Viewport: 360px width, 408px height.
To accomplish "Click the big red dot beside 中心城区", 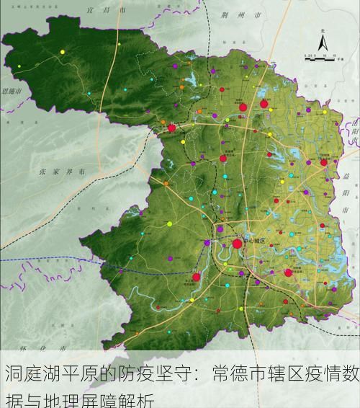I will point(237,244).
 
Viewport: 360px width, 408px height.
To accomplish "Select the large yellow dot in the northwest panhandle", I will point(63,52).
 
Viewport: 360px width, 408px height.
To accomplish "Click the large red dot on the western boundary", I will point(171,128).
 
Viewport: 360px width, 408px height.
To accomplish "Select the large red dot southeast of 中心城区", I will point(288,272).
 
